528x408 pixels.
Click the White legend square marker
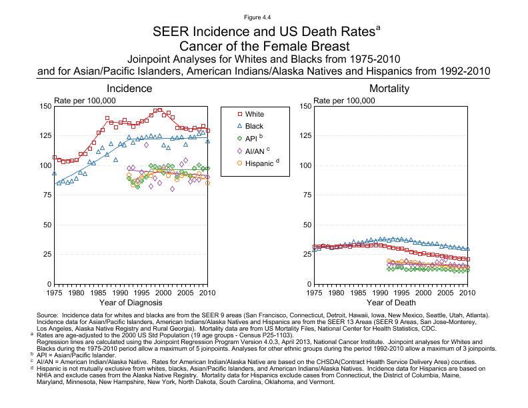coord(238,114)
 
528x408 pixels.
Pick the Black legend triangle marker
coord(238,126)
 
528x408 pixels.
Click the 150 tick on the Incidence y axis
coord(45,107)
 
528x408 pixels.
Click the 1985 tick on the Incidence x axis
coord(98,292)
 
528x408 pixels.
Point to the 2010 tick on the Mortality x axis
coord(468,292)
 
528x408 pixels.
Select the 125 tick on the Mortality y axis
coord(304,136)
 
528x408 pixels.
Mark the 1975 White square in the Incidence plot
coord(55,157)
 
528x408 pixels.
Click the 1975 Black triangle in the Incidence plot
coord(55,173)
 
